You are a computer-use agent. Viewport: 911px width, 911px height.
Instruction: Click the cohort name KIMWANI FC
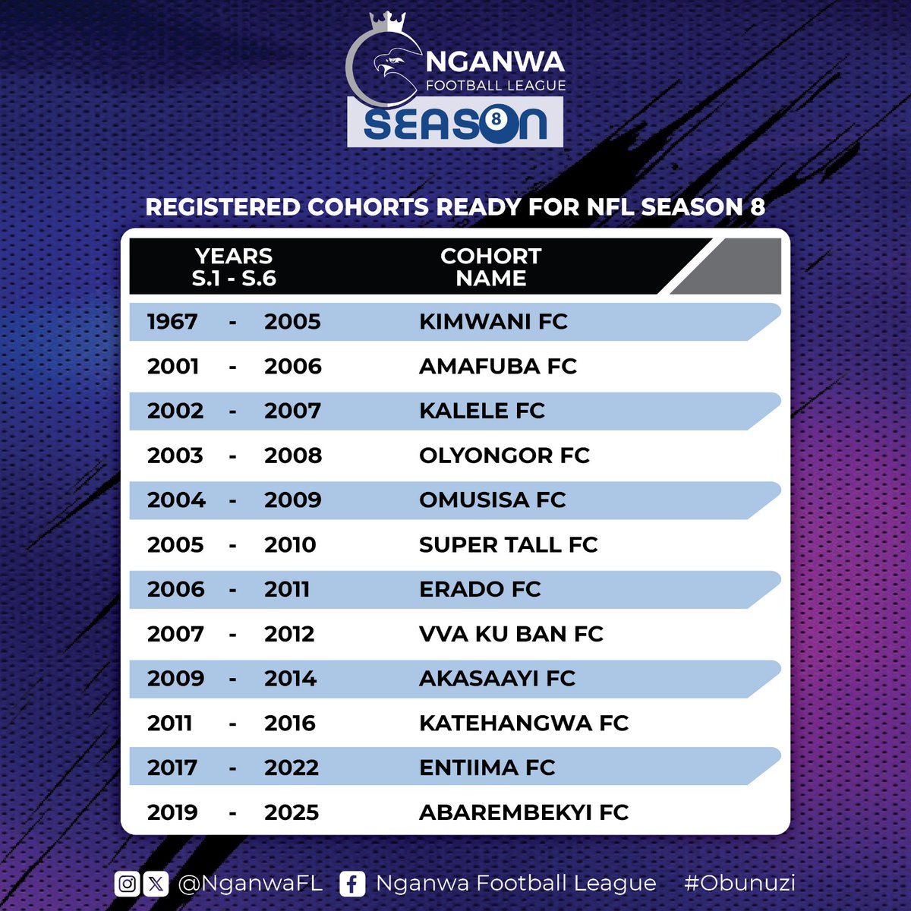click(x=493, y=322)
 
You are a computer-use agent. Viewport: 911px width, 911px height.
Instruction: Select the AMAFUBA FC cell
click(x=497, y=367)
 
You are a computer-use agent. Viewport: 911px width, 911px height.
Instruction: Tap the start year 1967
click(x=172, y=322)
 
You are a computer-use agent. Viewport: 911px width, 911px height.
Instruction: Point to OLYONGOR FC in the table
click(x=504, y=455)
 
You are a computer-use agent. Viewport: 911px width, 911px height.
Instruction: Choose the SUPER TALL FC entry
click(x=508, y=545)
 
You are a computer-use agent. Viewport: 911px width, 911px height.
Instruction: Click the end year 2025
click(x=292, y=812)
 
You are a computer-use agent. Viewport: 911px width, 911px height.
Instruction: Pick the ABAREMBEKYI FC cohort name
click(x=524, y=812)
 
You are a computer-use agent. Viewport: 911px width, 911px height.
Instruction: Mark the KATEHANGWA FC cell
click(x=524, y=723)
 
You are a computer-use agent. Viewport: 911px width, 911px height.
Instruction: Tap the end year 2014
click(x=290, y=679)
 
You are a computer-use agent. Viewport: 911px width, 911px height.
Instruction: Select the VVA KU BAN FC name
click(x=511, y=634)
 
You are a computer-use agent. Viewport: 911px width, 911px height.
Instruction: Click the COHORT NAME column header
click(x=491, y=267)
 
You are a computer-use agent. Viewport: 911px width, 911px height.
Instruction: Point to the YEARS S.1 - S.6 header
click(x=234, y=267)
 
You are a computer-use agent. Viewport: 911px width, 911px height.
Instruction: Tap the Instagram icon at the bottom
click(x=128, y=884)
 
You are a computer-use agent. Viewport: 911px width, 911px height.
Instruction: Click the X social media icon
click(x=156, y=884)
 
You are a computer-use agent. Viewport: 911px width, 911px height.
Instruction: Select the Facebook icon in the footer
click(x=351, y=884)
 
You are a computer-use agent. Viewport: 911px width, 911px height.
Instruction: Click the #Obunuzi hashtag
click(x=739, y=883)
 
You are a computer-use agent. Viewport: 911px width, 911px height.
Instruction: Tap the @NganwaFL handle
click(x=250, y=884)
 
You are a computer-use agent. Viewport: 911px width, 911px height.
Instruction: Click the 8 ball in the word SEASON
click(x=496, y=120)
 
